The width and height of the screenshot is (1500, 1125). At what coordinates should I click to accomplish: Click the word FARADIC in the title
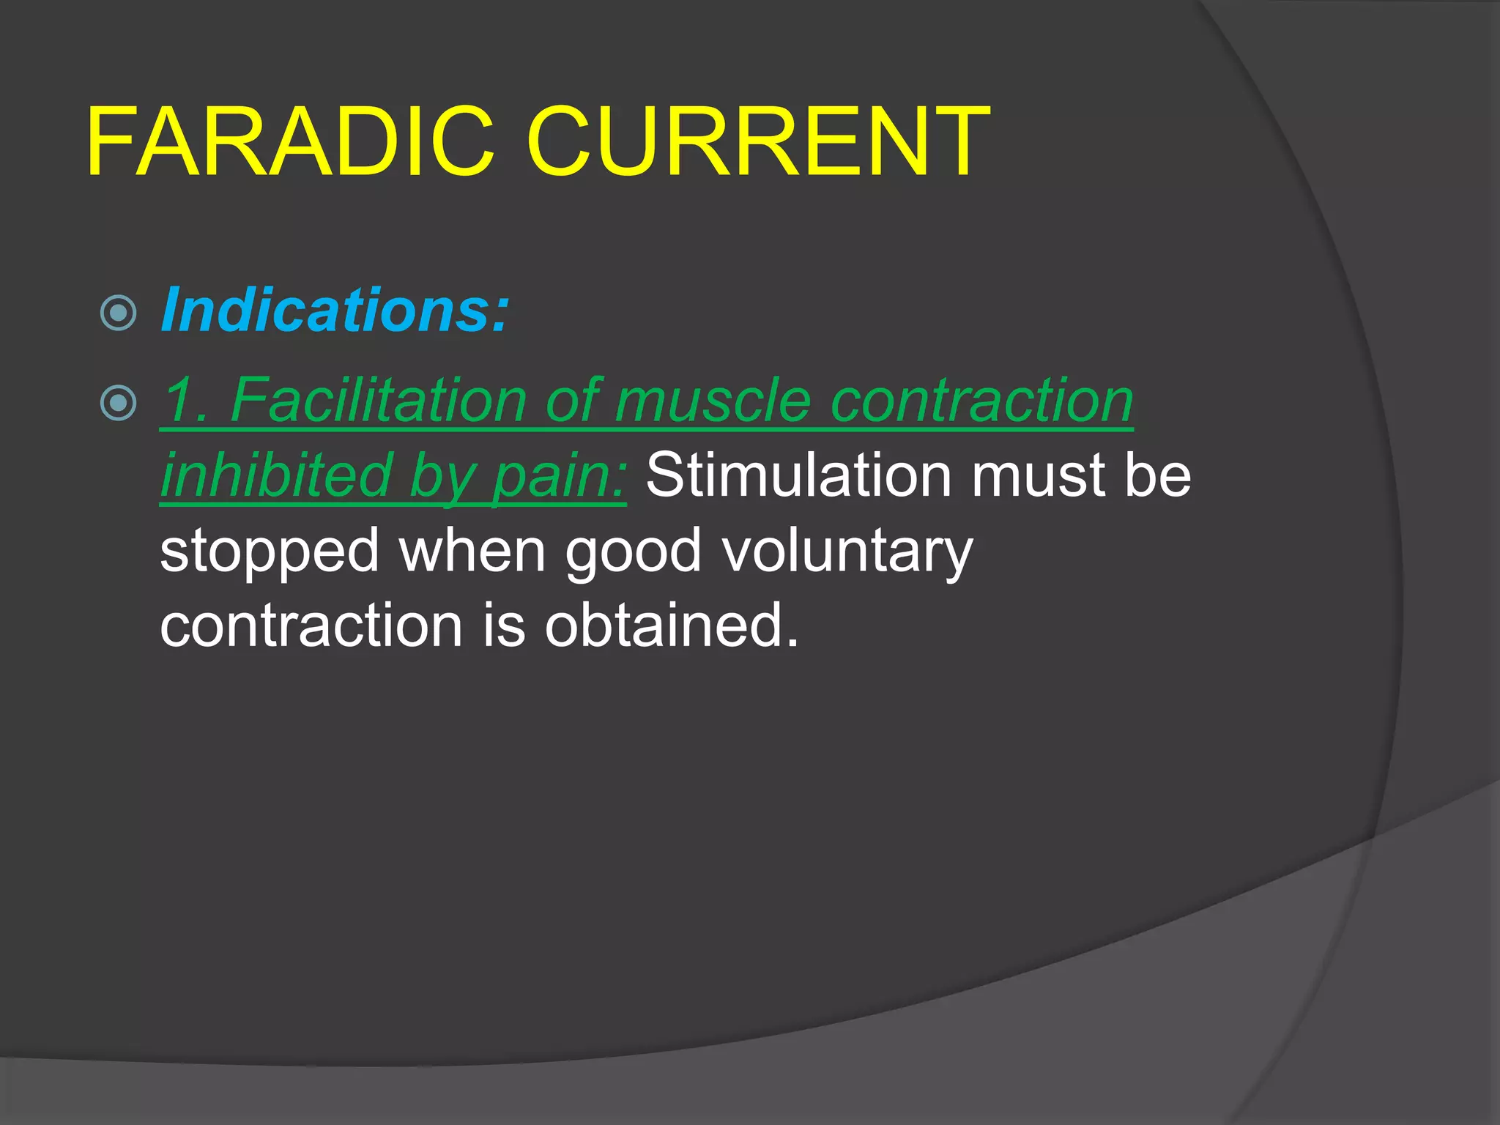[290, 143]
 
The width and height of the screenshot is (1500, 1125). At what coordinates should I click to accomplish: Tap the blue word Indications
[334, 311]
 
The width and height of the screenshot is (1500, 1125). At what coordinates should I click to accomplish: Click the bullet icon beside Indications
[118, 313]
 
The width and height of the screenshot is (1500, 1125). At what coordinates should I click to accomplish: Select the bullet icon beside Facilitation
[118, 403]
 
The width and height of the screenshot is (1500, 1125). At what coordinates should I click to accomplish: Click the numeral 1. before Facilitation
[186, 401]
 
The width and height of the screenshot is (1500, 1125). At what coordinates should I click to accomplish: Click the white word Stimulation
[798, 476]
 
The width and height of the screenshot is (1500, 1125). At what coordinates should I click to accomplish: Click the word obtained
[670, 625]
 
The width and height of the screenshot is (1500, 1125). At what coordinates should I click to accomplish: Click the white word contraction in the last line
[311, 627]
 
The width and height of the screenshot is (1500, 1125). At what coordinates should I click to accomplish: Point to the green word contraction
[982, 401]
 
